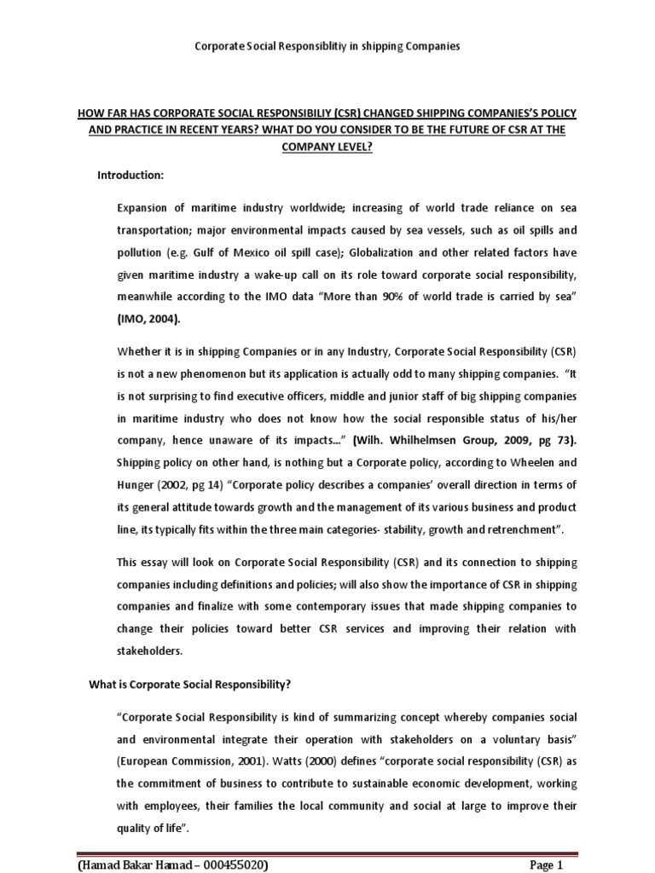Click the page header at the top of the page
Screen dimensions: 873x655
coord(327,46)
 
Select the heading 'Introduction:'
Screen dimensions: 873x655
coord(130,175)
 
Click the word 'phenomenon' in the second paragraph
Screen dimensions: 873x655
coord(223,374)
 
